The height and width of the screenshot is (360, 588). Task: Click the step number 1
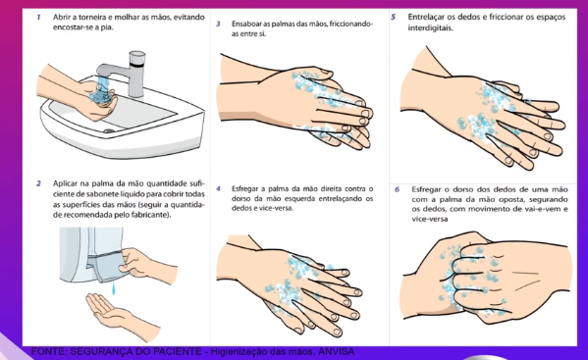pyautogui.click(x=39, y=18)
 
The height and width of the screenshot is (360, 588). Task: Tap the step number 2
pyautogui.click(x=38, y=183)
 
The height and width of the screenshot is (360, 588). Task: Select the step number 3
pyautogui.click(x=218, y=25)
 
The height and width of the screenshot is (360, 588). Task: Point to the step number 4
pyautogui.click(x=218, y=188)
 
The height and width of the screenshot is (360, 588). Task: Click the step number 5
pyautogui.click(x=393, y=17)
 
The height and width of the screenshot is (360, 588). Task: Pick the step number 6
pyautogui.click(x=398, y=189)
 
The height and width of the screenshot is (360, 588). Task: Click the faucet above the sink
pyautogui.click(x=124, y=74)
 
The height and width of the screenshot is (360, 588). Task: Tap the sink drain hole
pyautogui.click(x=109, y=131)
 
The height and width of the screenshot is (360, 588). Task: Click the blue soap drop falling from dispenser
pyautogui.click(x=115, y=288)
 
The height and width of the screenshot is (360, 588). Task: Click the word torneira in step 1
pyautogui.click(x=92, y=18)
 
